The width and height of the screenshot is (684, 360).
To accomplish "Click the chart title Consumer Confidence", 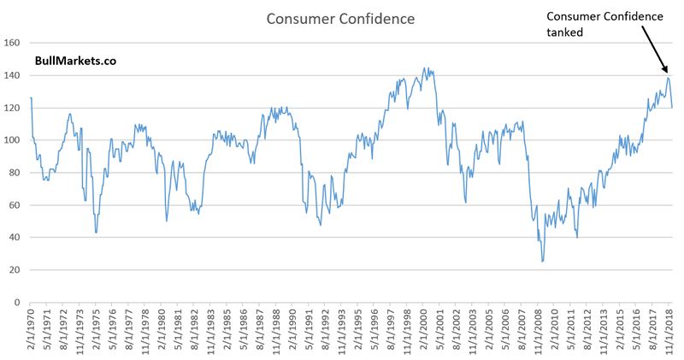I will (x=341, y=18).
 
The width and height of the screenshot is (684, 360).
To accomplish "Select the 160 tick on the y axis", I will (x=12, y=42).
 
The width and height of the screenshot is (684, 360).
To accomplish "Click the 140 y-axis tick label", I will (x=12, y=74).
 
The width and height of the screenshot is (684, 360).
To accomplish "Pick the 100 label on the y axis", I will (x=12, y=139).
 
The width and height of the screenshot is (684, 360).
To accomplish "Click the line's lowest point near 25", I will (x=542, y=262).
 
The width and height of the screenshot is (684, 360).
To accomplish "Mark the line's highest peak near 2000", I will (x=424, y=68).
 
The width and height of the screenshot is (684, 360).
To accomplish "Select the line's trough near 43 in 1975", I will (x=96, y=233).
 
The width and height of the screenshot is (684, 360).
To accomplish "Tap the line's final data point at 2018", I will (x=672, y=107).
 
